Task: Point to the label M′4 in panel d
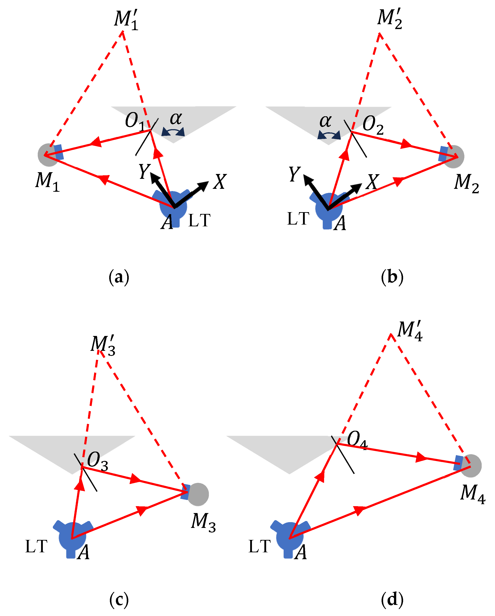(410, 331)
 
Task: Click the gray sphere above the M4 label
(471, 466)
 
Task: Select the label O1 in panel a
(135, 121)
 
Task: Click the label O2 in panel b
(373, 125)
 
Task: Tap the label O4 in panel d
(357, 440)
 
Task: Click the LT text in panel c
(36, 547)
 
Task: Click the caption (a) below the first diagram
(119, 277)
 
